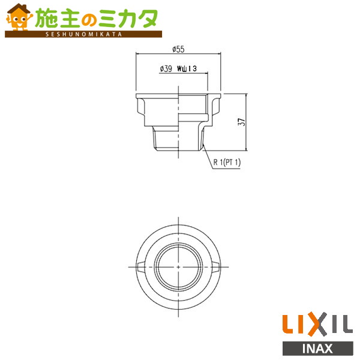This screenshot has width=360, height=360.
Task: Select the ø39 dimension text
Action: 166,69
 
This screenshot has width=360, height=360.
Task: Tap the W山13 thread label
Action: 188,69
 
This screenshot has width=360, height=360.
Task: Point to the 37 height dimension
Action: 241,122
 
